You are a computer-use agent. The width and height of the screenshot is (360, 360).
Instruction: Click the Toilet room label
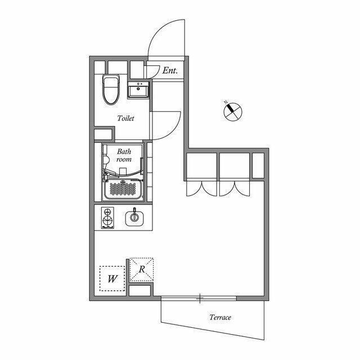coord(125,118)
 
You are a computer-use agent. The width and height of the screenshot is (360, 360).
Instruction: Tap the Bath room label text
coord(124,155)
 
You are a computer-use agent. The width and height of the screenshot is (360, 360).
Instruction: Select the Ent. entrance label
coord(170,70)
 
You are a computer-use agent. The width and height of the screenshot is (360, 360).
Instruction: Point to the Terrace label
coord(220,317)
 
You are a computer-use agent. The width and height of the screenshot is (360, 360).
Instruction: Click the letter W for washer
coord(112,279)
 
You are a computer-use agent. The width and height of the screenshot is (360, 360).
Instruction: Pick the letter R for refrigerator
coord(142,269)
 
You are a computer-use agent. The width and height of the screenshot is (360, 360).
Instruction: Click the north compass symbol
coord(232,111)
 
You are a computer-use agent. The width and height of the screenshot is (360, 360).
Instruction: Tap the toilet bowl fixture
coord(111,89)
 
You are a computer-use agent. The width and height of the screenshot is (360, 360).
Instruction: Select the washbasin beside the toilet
coord(138,90)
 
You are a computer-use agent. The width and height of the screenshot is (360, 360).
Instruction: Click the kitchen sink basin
coord(134,218)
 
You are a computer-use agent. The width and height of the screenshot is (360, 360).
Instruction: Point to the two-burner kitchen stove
coord(107,218)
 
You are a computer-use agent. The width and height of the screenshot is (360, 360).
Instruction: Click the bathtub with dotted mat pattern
coord(123,189)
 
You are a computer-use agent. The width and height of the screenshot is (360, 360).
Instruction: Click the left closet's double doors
coord(201,188)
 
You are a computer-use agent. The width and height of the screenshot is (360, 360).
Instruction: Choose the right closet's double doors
coord(235,188)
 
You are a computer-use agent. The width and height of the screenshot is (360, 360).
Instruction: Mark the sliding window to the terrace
coord(199,298)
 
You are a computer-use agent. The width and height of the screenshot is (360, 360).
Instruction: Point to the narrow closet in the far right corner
coord(258,165)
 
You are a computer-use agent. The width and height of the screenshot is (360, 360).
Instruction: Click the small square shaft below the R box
coord(139,291)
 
